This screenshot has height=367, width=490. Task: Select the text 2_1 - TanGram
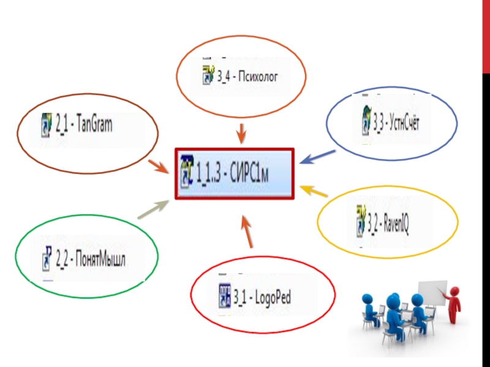click(x=84, y=125)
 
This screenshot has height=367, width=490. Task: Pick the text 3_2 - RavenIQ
click(x=388, y=226)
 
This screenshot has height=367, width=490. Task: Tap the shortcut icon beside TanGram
click(x=46, y=125)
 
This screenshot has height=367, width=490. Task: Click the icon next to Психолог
click(x=208, y=76)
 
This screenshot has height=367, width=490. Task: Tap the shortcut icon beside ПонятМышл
click(x=47, y=259)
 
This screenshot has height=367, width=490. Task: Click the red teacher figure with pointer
click(x=454, y=303)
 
